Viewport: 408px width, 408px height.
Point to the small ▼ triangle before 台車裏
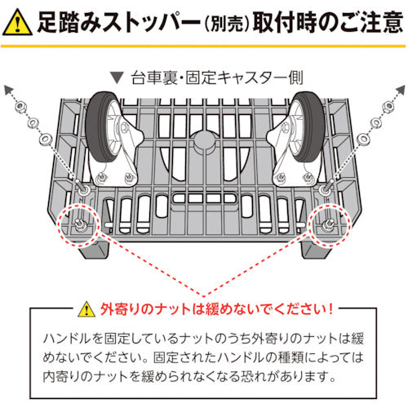coord(121,80)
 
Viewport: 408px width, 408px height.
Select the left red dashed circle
coord(79,224)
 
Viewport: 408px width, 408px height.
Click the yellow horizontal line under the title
coord(204,47)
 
